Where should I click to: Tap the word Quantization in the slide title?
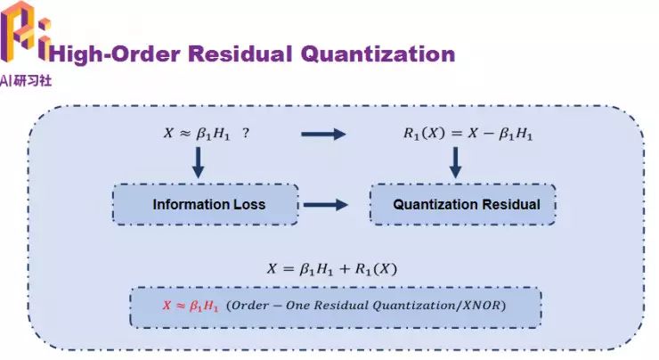pos(378,53)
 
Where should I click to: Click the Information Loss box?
pos(208,204)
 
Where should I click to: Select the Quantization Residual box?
pos(467,204)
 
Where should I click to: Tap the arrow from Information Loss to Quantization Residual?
pos(325,204)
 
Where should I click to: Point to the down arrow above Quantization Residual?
pos(455,161)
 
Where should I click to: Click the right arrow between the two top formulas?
pos(322,135)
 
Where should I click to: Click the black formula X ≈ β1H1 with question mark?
pos(199,134)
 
